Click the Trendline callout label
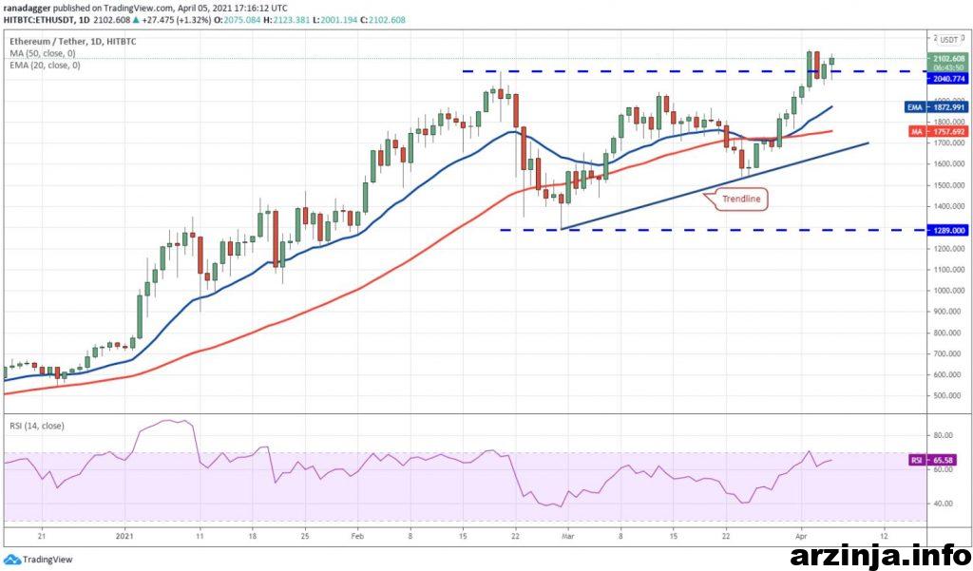[740, 199]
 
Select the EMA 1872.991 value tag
[941, 107]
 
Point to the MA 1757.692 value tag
[941, 131]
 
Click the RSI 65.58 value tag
[941, 460]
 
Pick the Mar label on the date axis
[568, 534]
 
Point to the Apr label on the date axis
[801, 534]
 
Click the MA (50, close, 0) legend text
[45, 53]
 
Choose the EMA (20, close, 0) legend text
[46, 65]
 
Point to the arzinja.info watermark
[878, 553]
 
